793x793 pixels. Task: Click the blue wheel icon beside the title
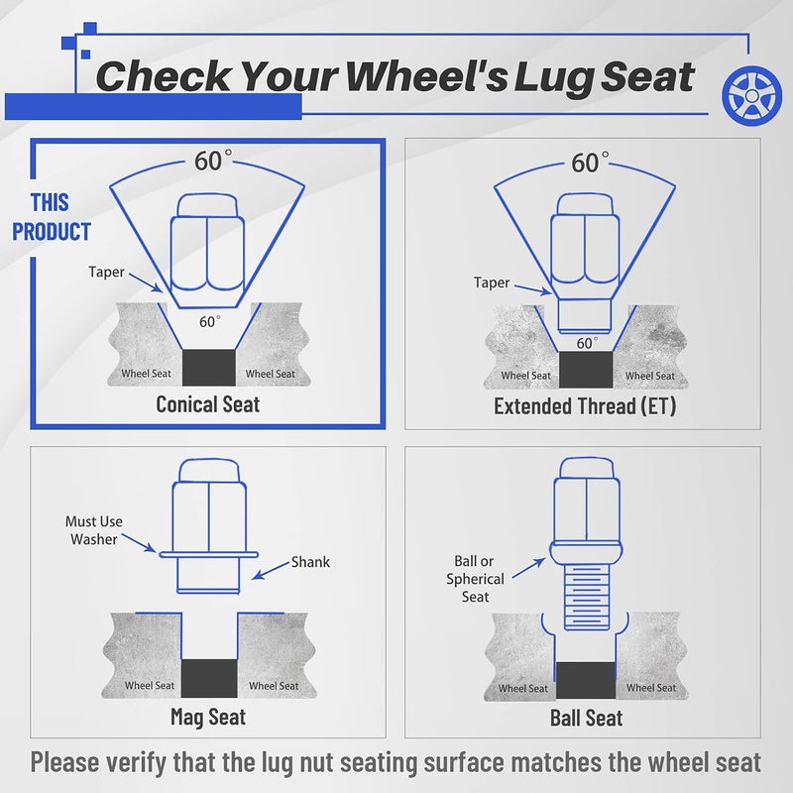751,95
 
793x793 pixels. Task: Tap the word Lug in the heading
554,78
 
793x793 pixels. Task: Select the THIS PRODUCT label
52,217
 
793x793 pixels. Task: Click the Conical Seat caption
208,404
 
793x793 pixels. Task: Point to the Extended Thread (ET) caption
585,406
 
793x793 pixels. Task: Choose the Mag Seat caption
208,717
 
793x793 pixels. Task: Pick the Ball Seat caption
586,718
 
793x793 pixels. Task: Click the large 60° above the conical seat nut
213,161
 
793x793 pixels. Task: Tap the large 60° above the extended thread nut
590,163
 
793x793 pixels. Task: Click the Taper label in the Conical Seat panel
106,272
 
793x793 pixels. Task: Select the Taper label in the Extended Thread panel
492,283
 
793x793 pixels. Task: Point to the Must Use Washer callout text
94,530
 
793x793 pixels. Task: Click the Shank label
310,562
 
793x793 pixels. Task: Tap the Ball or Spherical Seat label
475,579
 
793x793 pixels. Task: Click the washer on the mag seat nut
208,555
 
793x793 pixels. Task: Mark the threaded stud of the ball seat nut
586,597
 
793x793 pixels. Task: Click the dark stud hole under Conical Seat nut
209,368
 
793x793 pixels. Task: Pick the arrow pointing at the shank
271,570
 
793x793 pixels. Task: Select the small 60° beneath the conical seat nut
210,321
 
